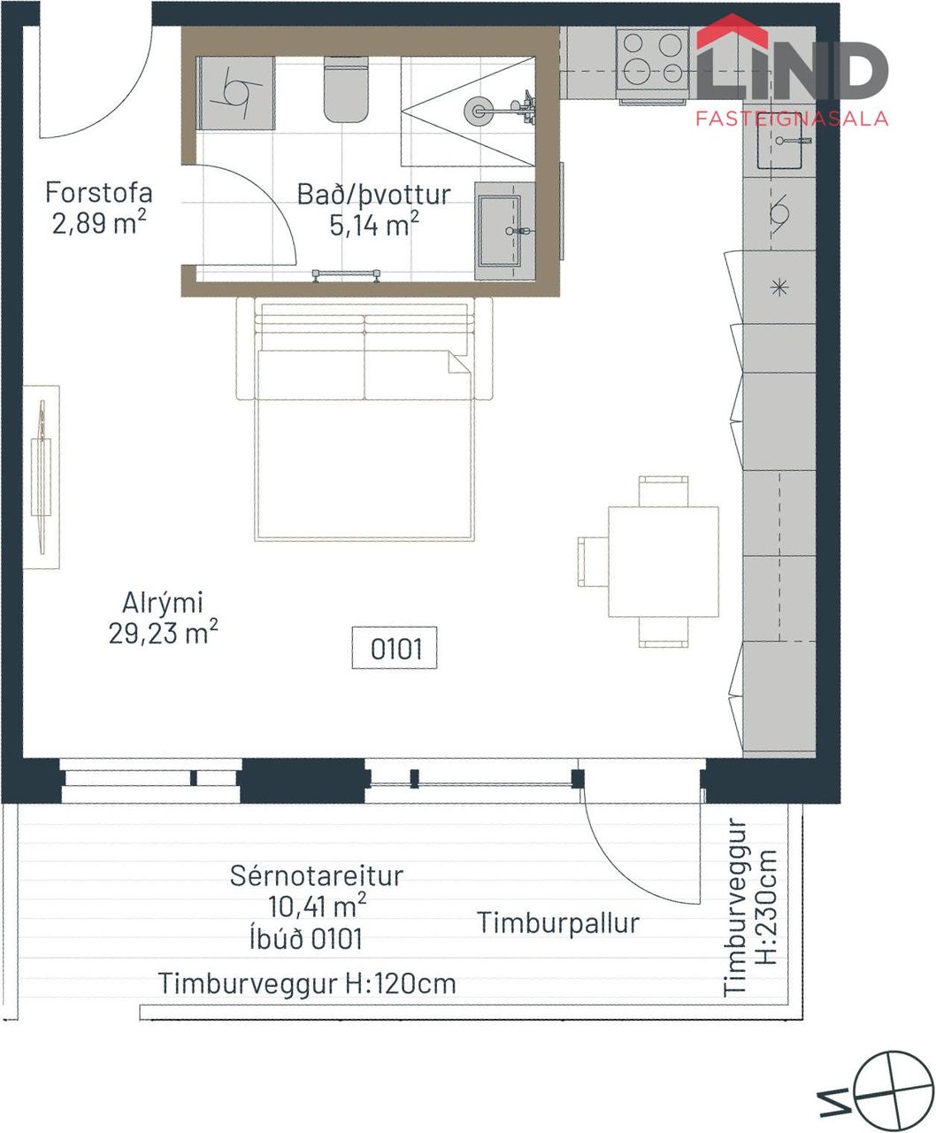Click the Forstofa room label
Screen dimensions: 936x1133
(x=99, y=193)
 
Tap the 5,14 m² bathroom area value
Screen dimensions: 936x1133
(x=374, y=225)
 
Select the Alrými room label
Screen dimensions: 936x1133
(x=163, y=602)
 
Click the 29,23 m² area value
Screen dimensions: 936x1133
(x=164, y=633)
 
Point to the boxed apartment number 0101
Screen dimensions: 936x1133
(x=395, y=649)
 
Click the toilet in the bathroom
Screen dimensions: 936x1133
(x=346, y=89)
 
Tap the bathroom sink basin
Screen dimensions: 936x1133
(x=500, y=231)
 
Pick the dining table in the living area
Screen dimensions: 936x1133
(x=664, y=561)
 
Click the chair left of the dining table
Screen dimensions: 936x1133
(x=593, y=561)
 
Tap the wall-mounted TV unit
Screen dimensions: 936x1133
(x=41, y=477)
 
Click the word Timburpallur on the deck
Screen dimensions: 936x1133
(x=558, y=923)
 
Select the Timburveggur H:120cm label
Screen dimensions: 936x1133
(x=307, y=983)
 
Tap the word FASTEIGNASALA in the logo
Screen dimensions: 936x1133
(x=792, y=119)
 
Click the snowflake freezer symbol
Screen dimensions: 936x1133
(x=779, y=287)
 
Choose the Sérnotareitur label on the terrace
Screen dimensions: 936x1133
(x=317, y=875)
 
